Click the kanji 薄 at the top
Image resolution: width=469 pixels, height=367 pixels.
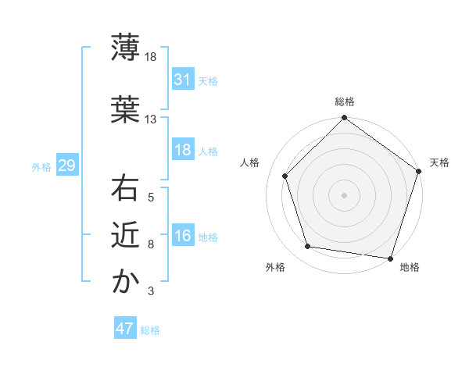click(x=125, y=46)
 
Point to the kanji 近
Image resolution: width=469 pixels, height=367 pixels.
click(x=125, y=234)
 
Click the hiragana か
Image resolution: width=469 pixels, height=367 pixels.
click(x=125, y=281)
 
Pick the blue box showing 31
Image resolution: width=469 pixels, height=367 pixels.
click(x=183, y=80)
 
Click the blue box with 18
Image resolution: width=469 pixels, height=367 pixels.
click(x=183, y=150)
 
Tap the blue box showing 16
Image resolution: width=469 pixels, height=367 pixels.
click(x=183, y=236)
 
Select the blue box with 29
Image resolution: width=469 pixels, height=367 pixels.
click(x=66, y=166)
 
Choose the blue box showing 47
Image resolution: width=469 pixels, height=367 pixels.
click(x=125, y=329)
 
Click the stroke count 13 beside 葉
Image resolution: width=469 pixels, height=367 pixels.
click(x=150, y=119)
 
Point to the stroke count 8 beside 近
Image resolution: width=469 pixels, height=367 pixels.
click(x=150, y=244)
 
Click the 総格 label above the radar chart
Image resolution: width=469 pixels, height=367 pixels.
click(x=344, y=102)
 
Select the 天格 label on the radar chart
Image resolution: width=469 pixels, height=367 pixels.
click(x=439, y=162)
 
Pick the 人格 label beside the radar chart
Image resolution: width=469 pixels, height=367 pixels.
click(x=250, y=162)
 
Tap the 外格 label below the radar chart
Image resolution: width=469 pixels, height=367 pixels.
click(x=275, y=268)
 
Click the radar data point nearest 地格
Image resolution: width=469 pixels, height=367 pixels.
click(x=390, y=258)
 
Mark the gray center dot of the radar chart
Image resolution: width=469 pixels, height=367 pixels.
click(x=344, y=194)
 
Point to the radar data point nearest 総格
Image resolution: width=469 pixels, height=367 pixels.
click(x=344, y=119)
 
